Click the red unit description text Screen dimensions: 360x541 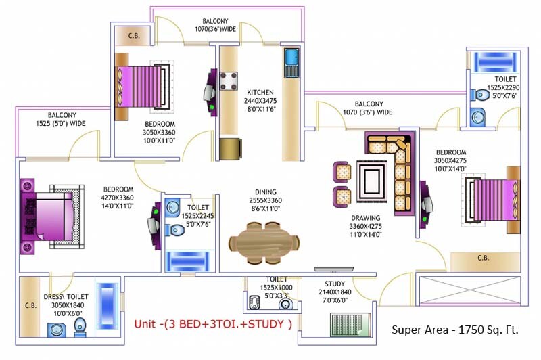click(x=212, y=323)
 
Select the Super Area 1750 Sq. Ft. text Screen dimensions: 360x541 click(x=455, y=330)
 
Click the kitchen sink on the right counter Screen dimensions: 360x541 click(x=291, y=60)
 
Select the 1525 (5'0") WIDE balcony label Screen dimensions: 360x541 click(x=60, y=120)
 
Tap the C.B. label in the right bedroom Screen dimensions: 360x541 click(x=483, y=258)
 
